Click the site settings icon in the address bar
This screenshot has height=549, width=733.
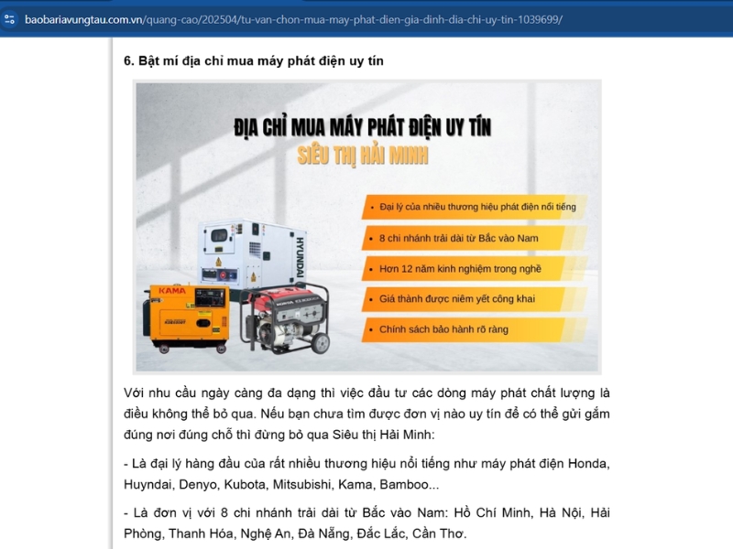pyautogui.click(x=10, y=18)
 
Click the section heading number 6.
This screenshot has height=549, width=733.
pyautogui.click(x=128, y=60)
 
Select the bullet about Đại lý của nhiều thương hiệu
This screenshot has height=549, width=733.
pyautogui.click(x=477, y=207)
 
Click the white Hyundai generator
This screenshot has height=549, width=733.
pyautogui.click(x=247, y=256)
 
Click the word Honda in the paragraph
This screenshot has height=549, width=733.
pyautogui.click(x=588, y=464)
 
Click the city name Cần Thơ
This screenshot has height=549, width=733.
pyautogui.click(x=439, y=533)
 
